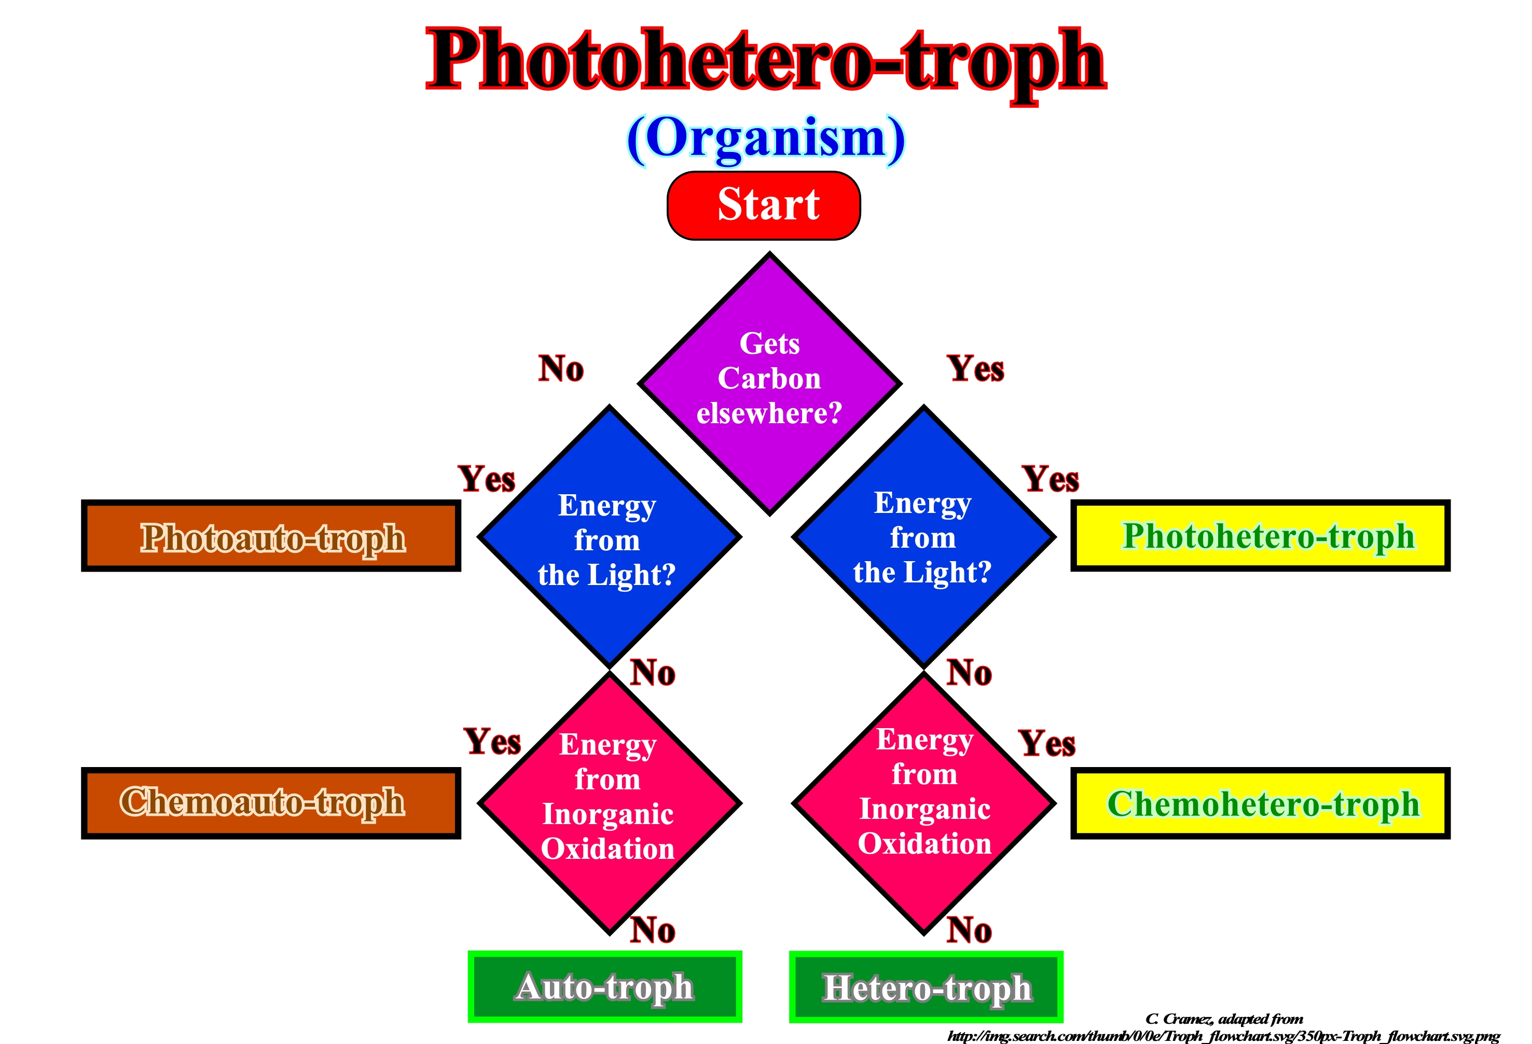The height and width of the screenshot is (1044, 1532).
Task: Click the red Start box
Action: [x=763, y=205]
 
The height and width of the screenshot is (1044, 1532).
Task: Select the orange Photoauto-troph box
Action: [x=271, y=535]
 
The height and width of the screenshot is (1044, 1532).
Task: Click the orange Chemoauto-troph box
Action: [x=271, y=803]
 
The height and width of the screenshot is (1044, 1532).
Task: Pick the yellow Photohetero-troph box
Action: [x=1260, y=535]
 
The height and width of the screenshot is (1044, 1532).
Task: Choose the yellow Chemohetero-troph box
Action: [x=1260, y=803]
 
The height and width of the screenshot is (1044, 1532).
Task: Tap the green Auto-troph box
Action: [x=604, y=986]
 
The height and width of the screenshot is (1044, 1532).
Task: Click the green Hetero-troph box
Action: [x=926, y=986]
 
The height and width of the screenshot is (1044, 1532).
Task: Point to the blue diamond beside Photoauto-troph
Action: [x=609, y=536]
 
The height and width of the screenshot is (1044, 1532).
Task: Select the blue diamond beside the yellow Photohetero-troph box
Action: [x=923, y=536]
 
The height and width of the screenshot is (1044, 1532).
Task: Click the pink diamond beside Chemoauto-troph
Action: [x=609, y=803]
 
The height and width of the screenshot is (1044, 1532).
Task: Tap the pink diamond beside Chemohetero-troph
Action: [x=923, y=803]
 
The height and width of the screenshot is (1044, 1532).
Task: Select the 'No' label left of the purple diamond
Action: [x=561, y=368]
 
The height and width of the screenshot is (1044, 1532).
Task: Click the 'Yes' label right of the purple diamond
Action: [x=976, y=368]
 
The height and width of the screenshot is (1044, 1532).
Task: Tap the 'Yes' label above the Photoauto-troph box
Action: [x=487, y=479]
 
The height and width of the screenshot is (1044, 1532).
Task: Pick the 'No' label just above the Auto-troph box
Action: [x=653, y=930]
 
